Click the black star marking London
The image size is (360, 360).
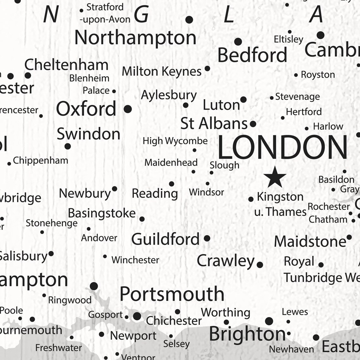pos(275,177)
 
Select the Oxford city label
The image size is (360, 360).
pos(86,109)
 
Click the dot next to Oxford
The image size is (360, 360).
pos(128,109)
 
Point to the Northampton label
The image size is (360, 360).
pos(135,38)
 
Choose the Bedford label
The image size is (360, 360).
pos(252,55)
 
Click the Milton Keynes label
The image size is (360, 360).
pos(162,71)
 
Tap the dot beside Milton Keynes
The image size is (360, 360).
pos(207,68)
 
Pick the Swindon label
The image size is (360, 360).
pos(88,134)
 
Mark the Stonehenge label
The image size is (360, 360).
pos(51,223)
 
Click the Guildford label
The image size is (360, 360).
pos(165,239)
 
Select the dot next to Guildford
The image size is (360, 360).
pos(207,238)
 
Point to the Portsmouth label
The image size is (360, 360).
pos(172,294)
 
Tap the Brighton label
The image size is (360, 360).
pos(247,334)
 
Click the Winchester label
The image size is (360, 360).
pos(135,260)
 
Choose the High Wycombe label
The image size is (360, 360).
pos(175,141)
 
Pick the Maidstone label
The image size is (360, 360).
pos(310,242)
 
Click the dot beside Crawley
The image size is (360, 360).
pos(260,265)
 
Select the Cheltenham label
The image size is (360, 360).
pos(66,65)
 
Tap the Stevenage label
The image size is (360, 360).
pos(297,97)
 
